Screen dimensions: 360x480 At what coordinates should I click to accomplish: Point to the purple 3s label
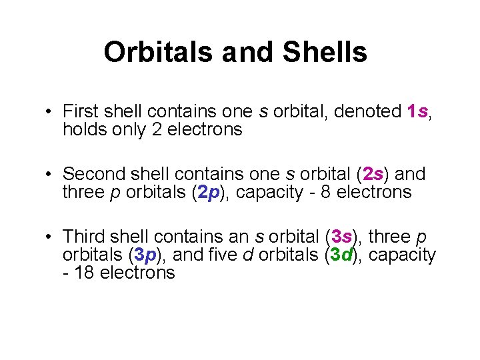coord(341,237)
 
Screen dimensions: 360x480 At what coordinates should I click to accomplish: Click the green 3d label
coord(341,255)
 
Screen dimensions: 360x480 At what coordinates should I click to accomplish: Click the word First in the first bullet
coord(79,111)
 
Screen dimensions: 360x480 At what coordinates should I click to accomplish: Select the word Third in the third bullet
coord(83,237)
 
